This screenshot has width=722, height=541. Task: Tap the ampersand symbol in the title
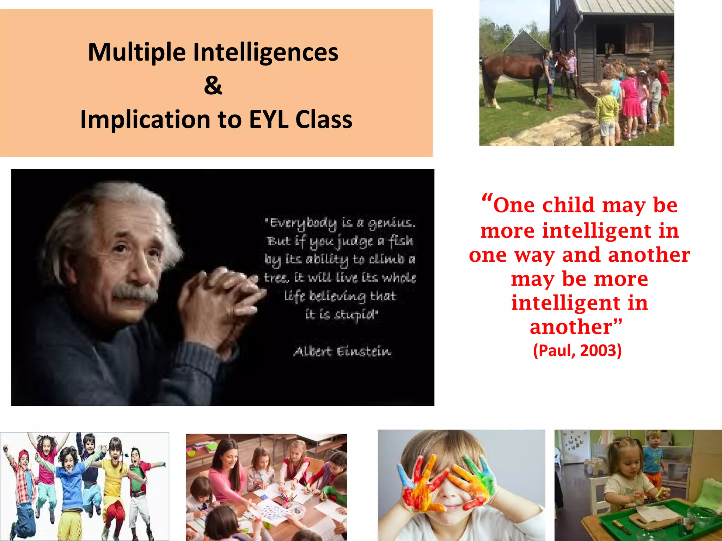pyautogui.click(x=213, y=86)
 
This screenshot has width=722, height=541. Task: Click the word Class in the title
pyautogui.click(x=324, y=120)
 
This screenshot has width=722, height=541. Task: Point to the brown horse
pyautogui.click(x=511, y=70)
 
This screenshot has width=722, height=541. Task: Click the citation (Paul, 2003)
pyautogui.click(x=577, y=351)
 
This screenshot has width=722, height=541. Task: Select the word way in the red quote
pyautogui.click(x=534, y=255)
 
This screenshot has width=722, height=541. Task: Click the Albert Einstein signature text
pyautogui.click(x=342, y=352)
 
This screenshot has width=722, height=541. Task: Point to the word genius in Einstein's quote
pyautogui.click(x=391, y=223)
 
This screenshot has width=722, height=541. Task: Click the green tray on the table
pyautogui.click(x=652, y=521)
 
